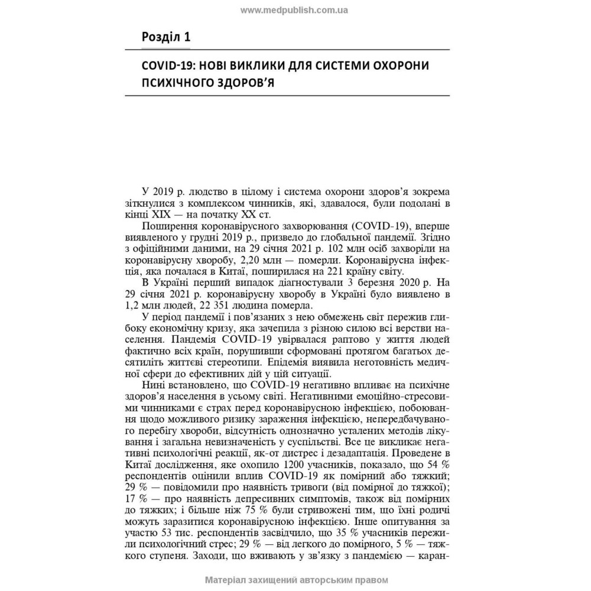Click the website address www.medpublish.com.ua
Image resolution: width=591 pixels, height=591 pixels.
(294, 10)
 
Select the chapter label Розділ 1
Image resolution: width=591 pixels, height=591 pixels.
(166, 37)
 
